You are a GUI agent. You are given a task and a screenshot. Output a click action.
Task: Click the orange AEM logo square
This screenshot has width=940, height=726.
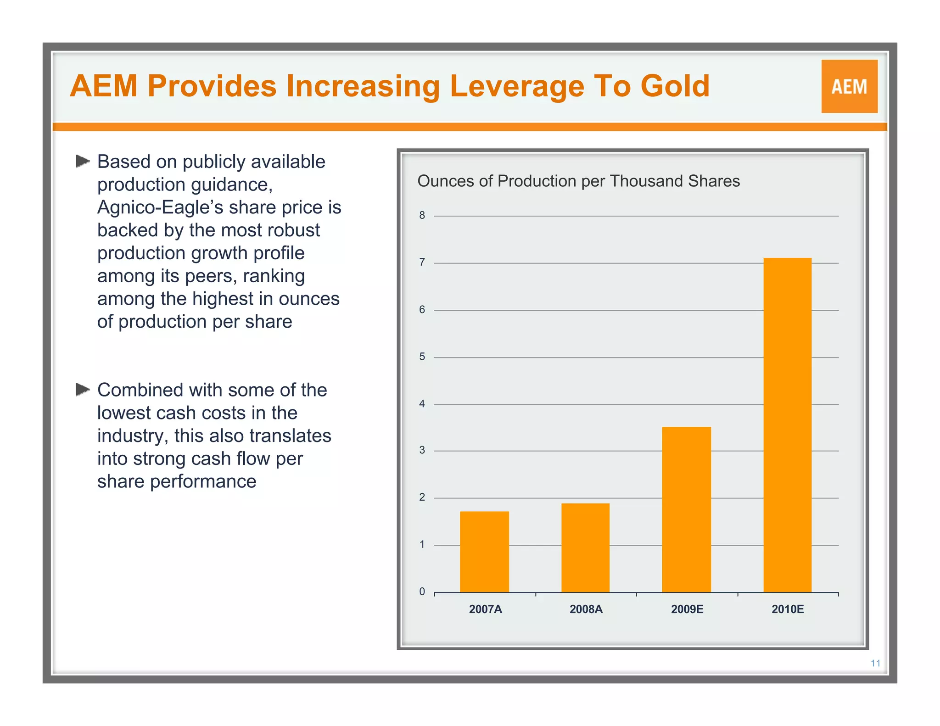pos(849,86)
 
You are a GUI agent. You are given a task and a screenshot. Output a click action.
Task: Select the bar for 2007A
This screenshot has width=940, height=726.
pos(484,552)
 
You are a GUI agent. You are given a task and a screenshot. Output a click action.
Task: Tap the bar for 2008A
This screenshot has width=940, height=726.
pos(585,547)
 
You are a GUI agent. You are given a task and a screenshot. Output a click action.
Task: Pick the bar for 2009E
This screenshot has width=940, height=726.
pos(686,509)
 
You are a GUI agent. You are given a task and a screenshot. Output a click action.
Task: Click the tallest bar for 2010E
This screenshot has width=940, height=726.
pos(787,424)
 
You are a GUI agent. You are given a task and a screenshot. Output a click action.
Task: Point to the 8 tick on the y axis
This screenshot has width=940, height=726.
pos(422,215)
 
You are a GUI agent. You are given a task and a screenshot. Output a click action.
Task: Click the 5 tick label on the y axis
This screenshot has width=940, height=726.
pos(422,357)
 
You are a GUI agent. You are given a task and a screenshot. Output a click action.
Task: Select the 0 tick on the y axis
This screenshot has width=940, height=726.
pos(422,592)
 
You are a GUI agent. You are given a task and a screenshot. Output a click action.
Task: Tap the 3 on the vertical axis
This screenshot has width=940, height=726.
pos(422,450)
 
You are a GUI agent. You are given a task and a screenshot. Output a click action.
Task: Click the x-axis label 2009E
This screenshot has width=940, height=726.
pos(687,609)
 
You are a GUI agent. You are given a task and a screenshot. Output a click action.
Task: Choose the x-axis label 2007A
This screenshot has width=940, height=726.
pos(485,609)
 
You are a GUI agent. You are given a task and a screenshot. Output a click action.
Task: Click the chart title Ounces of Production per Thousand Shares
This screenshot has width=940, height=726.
pos(578,181)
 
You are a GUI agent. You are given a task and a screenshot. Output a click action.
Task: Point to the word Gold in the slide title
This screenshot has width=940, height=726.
pos(675,86)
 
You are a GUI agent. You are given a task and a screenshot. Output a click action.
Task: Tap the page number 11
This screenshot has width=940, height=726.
pos(875,663)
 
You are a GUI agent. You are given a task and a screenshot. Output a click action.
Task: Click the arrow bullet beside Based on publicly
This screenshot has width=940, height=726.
pos(83,161)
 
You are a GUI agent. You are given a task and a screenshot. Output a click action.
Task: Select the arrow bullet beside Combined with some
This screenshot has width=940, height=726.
pos(83,389)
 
